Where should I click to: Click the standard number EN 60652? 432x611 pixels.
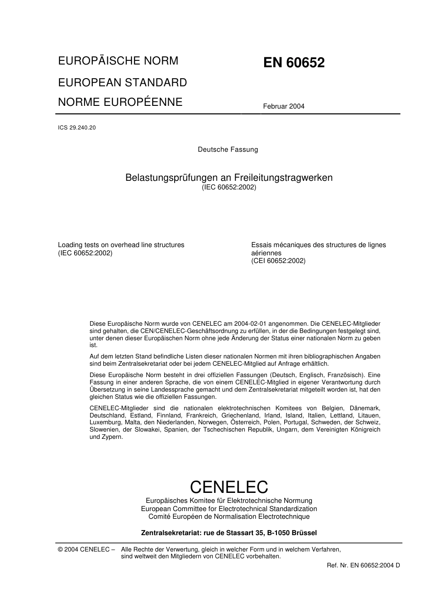(x=294, y=63)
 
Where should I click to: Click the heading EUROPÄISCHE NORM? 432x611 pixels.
(x=118, y=61)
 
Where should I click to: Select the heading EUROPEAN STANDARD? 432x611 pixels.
(x=122, y=82)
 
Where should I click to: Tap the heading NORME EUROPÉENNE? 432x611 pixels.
(x=120, y=102)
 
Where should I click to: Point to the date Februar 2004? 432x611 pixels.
(x=283, y=106)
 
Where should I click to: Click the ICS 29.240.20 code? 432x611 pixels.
(x=77, y=128)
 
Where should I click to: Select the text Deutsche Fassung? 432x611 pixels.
(x=228, y=149)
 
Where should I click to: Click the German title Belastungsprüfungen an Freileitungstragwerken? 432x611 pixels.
(x=229, y=178)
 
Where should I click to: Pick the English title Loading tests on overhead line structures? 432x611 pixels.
(x=121, y=245)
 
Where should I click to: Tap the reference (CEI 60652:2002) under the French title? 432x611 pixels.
(x=278, y=261)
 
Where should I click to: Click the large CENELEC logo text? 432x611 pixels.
(x=229, y=487)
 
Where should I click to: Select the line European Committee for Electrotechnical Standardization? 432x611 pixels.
(x=229, y=509)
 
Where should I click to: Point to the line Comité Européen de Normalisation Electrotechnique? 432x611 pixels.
(x=229, y=517)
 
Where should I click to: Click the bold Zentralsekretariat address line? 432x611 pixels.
(x=229, y=533)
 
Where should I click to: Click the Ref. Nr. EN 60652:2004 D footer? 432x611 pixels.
(x=363, y=565)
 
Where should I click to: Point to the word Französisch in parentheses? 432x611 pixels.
(x=347, y=375)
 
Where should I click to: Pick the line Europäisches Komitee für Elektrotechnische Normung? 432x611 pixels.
(x=229, y=501)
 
